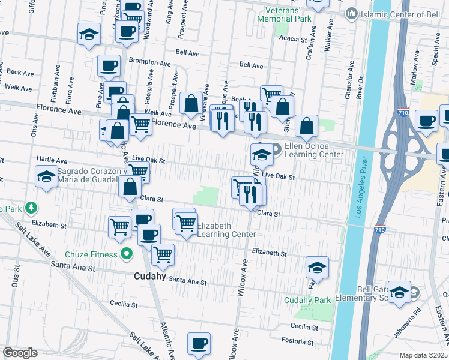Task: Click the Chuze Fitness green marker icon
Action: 125,254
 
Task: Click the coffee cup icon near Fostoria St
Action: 199,343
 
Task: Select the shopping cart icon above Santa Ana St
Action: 163,254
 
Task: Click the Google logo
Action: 20,353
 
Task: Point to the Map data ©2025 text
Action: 423,355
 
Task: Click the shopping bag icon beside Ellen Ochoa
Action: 306,126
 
